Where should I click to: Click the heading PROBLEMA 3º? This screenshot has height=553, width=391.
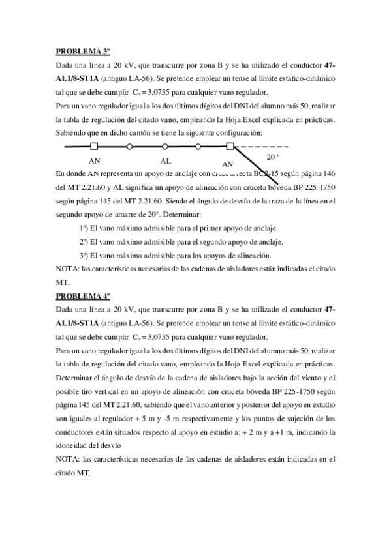tap(79, 51)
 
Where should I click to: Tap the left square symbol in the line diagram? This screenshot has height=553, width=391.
tap(95, 147)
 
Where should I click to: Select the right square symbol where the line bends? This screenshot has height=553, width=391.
tap(230, 147)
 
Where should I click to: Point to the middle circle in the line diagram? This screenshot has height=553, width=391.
tap(165, 147)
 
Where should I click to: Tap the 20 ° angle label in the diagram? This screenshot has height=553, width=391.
tap(274, 157)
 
